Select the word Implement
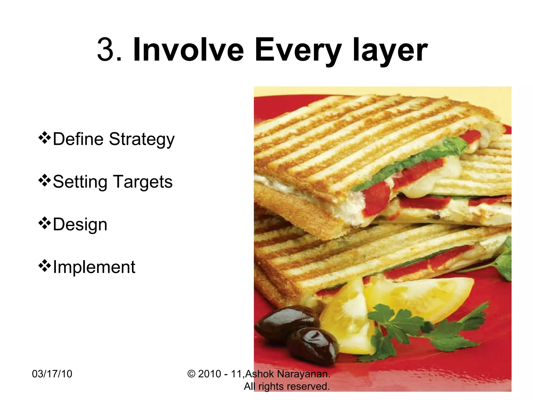tap(94, 267)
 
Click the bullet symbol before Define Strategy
tap(45, 138)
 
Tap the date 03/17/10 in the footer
tap(52, 374)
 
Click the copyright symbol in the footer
tap(191, 374)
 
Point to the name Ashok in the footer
tap(259, 374)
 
